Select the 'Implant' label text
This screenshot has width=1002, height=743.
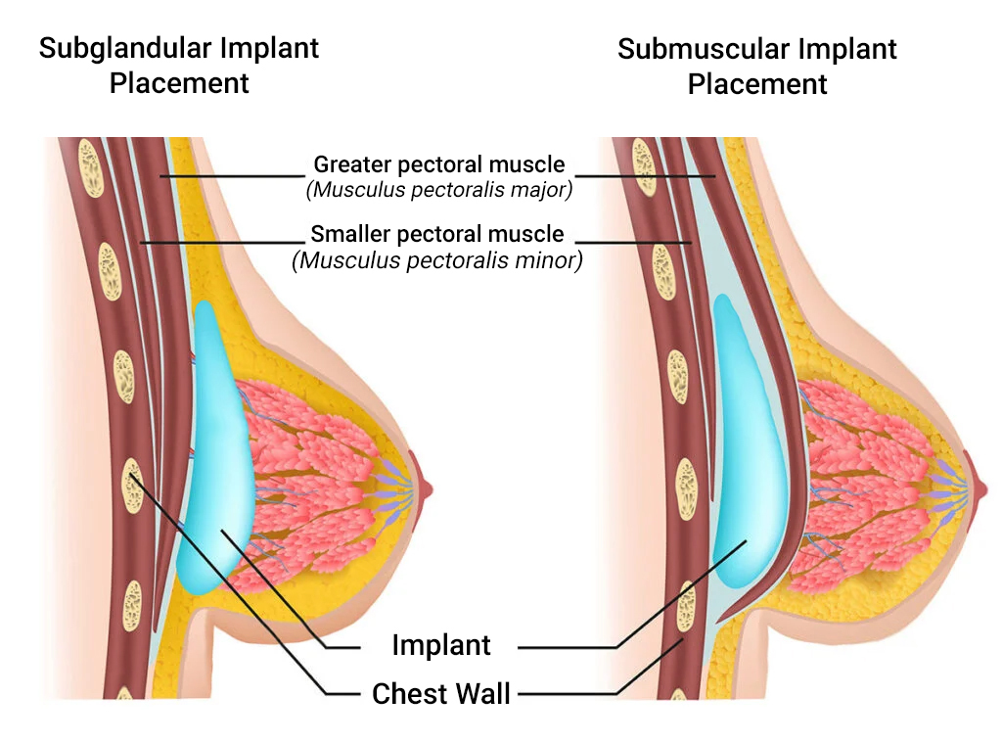click(x=440, y=646)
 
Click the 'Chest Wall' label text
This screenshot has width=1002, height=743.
click(x=441, y=695)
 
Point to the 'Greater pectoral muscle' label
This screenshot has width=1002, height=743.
click(x=438, y=163)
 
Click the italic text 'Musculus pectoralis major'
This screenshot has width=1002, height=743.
click(x=438, y=189)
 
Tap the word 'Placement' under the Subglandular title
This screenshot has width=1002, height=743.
click(x=179, y=83)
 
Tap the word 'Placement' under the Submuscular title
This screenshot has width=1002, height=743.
click(x=757, y=84)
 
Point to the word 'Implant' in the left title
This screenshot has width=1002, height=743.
click(x=268, y=48)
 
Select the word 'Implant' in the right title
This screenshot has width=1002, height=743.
click(x=846, y=50)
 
